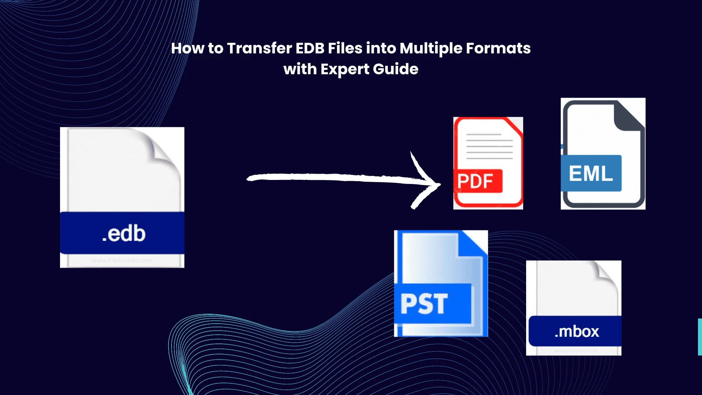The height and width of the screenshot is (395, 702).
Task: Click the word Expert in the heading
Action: click(345, 69)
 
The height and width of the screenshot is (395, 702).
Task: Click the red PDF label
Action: click(475, 181)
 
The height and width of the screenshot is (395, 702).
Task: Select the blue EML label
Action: click(590, 173)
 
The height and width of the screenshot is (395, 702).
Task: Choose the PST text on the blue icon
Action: click(424, 304)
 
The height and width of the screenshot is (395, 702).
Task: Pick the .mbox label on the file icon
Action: click(577, 331)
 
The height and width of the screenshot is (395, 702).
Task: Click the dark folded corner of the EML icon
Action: click(627, 115)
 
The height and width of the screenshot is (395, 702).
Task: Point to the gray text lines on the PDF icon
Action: click(489, 146)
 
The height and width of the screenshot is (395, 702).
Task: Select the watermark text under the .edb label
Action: click(122, 261)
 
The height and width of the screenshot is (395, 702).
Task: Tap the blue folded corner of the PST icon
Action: click(473, 243)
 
